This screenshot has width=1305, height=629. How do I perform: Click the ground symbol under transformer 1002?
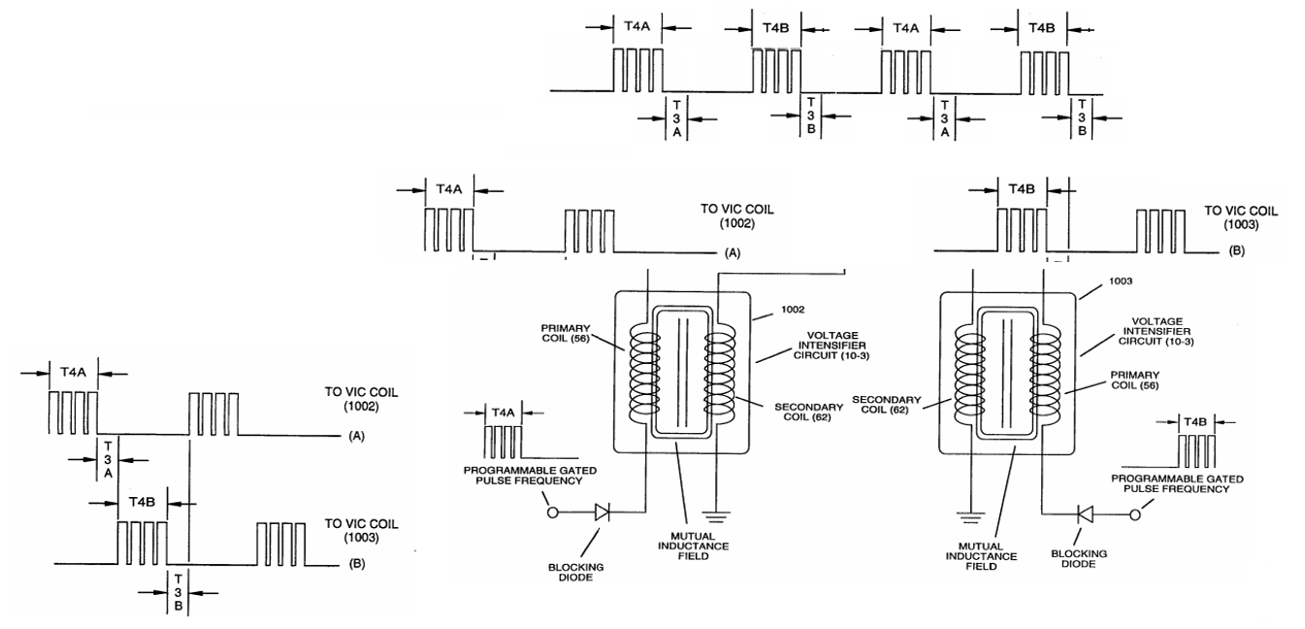pyautogui.click(x=716, y=516)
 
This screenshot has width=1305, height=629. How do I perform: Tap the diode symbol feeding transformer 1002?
pyautogui.click(x=603, y=513)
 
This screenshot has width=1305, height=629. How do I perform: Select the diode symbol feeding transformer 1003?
pyautogui.click(x=1086, y=514)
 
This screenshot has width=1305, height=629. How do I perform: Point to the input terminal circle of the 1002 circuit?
pyautogui.click(x=553, y=513)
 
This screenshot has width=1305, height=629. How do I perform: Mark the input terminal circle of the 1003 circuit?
pyautogui.click(x=1135, y=514)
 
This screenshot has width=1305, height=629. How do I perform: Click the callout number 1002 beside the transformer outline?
pyautogui.click(x=793, y=310)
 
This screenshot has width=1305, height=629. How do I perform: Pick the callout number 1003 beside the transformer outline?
pyautogui.click(x=1121, y=281)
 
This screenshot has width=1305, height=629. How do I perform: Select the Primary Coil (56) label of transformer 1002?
pyautogui.click(x=566, y=333)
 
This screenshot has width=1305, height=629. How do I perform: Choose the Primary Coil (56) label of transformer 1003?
pyautogui.click(x=1135, y=380)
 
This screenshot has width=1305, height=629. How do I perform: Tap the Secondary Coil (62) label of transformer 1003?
pyautogui.click(x=886, y=405)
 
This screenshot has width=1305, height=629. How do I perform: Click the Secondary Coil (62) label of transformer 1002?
pyautogui.click(x=808, y=412)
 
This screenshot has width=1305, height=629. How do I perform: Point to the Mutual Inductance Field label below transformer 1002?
pyautogui.click(x=694, y=546)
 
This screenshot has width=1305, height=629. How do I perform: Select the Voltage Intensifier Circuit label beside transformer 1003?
pyautogui.click(x=1157, y=331)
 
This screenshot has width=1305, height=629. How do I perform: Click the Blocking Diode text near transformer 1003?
pyautogui.click(x=1079, y=558)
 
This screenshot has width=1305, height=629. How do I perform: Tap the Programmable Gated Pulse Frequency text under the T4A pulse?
pyautogui.click(x=530, y=475)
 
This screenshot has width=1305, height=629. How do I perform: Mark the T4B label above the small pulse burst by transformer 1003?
pyautogui.click(x=1196, y=422)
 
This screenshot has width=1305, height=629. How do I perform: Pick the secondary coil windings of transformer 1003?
pyautogui.click(x=970, y=379)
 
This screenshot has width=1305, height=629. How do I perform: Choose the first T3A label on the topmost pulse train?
pyautogui.click(x=677, y=118)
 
